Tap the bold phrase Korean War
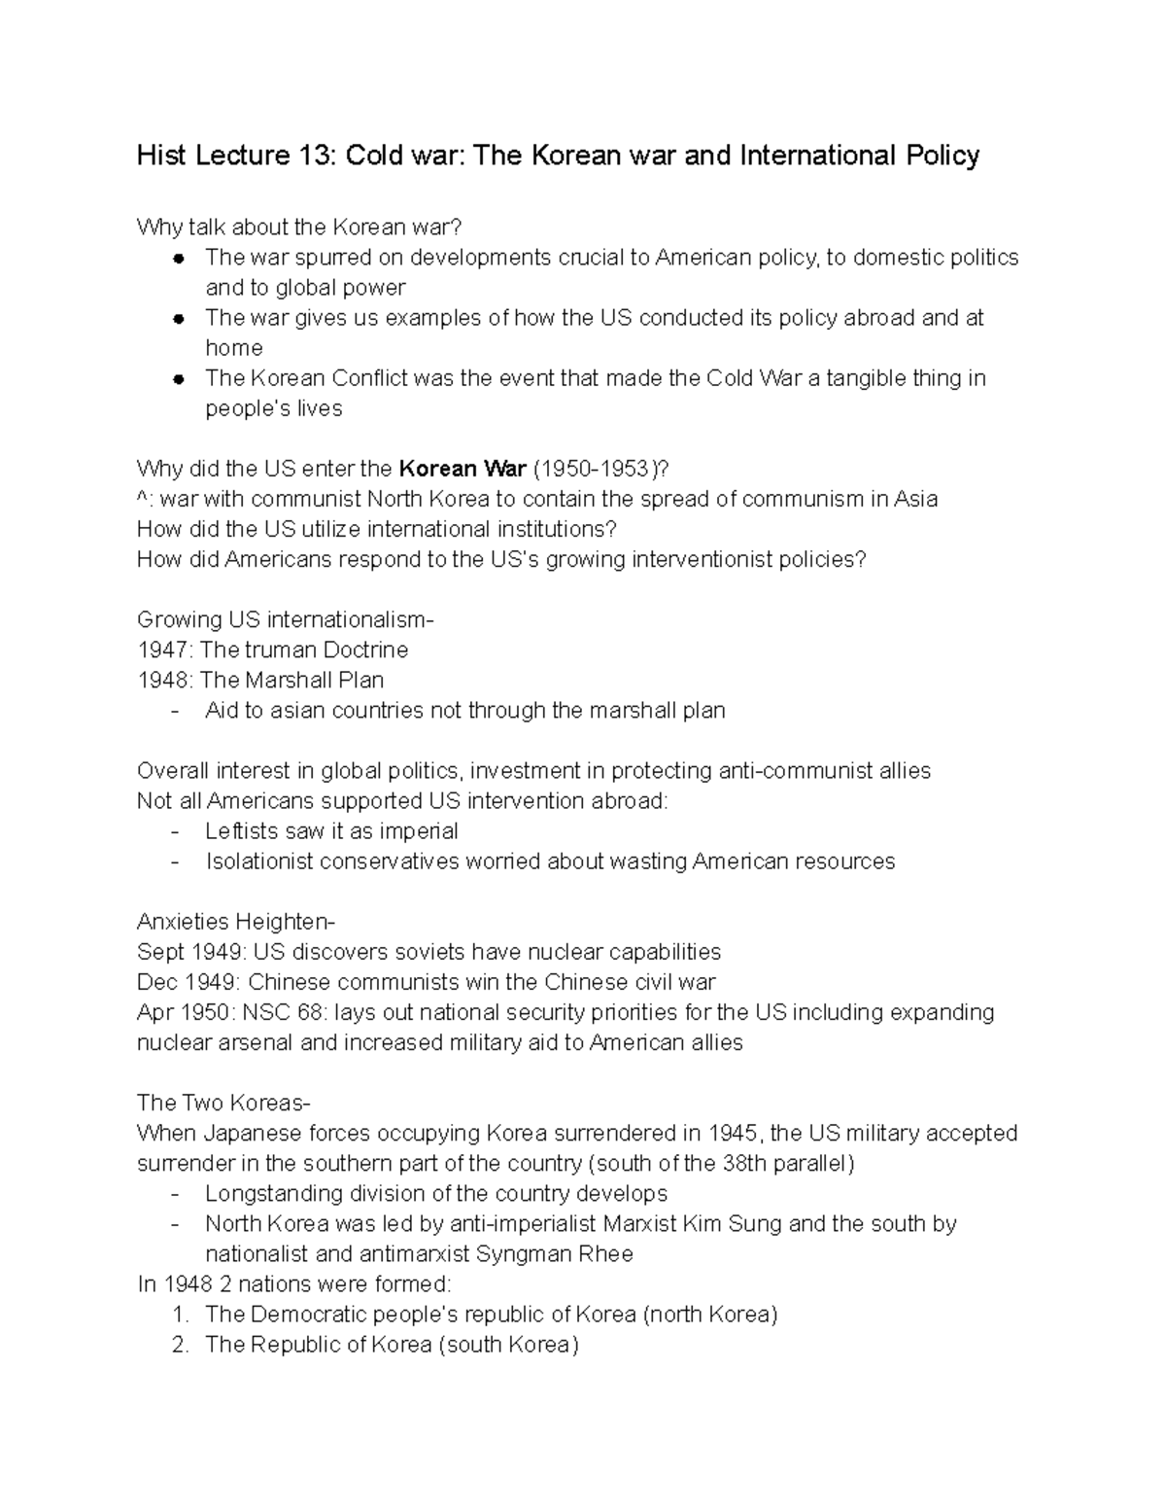(x=463, y=469)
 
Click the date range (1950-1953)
(x=597, y=469)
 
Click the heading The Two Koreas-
(x=223, y=1103)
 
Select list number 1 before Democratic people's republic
(x=179, y=1315)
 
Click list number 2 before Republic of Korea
(x=179, y=1345)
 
